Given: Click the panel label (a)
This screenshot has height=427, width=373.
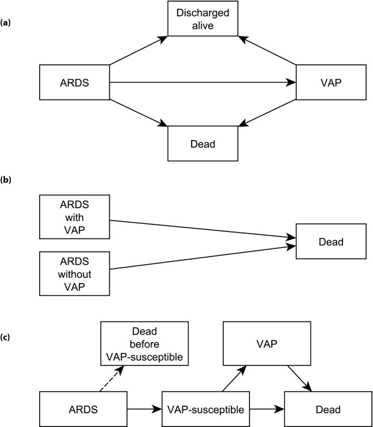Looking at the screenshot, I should pyautogui.click(x=7, y=22).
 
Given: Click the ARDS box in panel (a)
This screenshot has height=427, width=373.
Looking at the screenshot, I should pyautogui.click(x=75, y=83).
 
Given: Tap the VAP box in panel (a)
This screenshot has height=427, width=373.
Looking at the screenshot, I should pyautogui.click(x=331, y=83).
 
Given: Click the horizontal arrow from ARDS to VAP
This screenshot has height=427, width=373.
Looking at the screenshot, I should pyautogui.click(x=201, y=83).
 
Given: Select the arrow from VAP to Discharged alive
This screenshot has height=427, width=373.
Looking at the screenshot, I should pyautogui.click(x=270, y=51).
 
